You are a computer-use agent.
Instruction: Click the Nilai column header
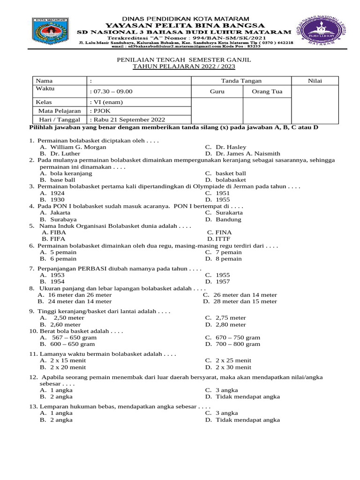315,81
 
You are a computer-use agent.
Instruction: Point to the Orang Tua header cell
267,92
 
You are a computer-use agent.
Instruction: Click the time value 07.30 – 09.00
111,92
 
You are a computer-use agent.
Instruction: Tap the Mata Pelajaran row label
58,111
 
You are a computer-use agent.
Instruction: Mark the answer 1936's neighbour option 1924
57,193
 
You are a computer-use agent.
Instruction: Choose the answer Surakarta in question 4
229,212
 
